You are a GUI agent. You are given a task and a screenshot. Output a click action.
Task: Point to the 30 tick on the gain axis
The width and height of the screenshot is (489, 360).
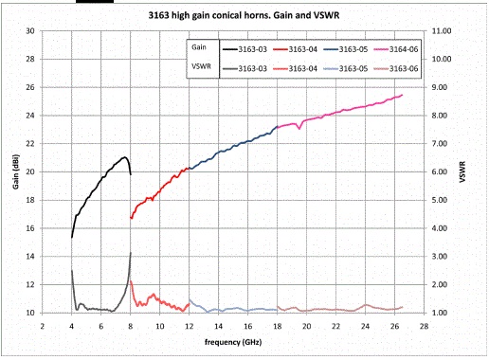click(30, 30)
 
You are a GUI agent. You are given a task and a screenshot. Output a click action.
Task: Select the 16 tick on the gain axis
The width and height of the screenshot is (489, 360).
click(30, 228)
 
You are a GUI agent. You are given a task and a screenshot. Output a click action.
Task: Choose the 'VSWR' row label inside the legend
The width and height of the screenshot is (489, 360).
click(197, 65)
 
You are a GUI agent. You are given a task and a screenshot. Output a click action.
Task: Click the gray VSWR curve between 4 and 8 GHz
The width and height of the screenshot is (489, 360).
click(95, 310)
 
